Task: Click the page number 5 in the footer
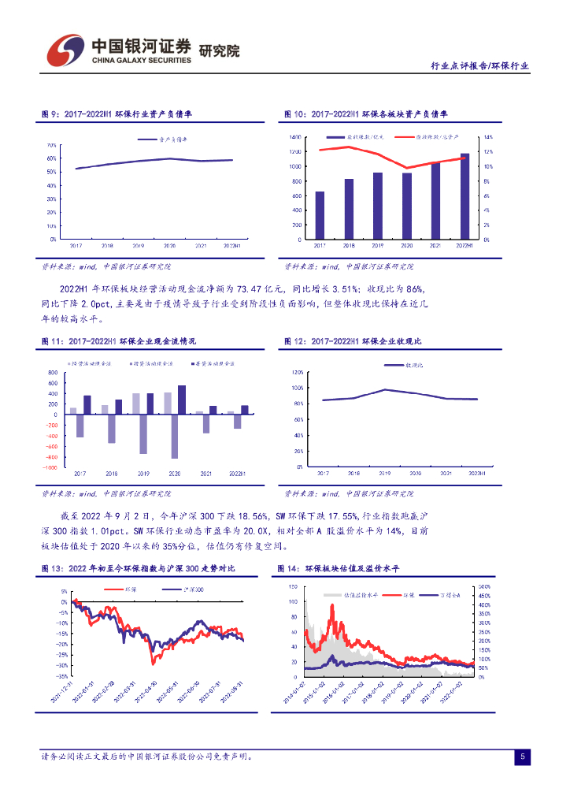point(522,757)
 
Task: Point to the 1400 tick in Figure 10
point(295,137)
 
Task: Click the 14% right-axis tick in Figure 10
point(488,137)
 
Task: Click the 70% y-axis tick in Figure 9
point(51,146)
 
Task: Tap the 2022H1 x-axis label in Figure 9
point(231,246)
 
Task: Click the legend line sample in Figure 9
point(146,139)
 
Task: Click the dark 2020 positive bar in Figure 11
point(182,400)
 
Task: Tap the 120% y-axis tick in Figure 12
point(298,372)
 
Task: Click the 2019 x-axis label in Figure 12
point(383,473)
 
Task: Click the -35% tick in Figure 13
point(62,676)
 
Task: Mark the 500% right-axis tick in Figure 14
point(485,587)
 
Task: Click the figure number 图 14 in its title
point(287,568)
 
